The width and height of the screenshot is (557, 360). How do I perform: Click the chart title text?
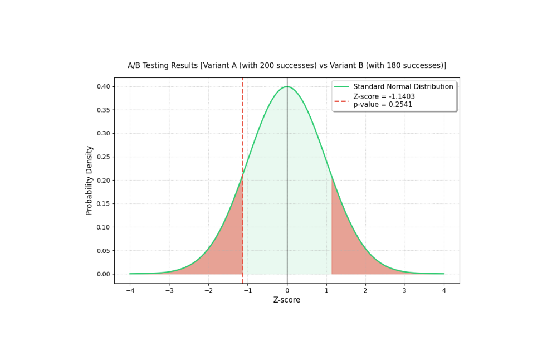click(x=287, y=65)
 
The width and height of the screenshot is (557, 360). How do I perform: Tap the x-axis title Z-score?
click(x=287, y=300)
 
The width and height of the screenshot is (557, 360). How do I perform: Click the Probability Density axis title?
click(x=89, y=181)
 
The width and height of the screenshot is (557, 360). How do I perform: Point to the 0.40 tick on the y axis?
click(x=104, y=87)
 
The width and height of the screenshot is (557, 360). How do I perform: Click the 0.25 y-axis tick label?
click(x=104, y=157)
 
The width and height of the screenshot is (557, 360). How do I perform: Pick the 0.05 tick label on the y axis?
click(x=104, y=251)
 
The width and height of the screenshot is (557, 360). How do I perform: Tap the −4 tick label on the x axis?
click(x=130, y=291)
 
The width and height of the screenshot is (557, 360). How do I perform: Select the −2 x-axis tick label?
click(x=208, y=291)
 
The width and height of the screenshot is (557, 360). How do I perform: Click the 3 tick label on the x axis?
click(x=404, y=291)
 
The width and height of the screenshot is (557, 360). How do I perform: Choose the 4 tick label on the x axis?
click(x=444, y=291)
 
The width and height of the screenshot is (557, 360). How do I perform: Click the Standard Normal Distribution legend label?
click(x=403, y=87)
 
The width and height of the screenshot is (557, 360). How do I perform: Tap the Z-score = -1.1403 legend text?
click(x=384, y=96)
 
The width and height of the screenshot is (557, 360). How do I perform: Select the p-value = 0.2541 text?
click(x=383, y=104)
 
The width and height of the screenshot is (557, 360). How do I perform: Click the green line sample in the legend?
click(x=342, y=87)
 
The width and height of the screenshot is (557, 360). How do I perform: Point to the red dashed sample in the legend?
click(x=342, y=101)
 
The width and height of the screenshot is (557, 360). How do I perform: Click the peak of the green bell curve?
click(x=287, y=87)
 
